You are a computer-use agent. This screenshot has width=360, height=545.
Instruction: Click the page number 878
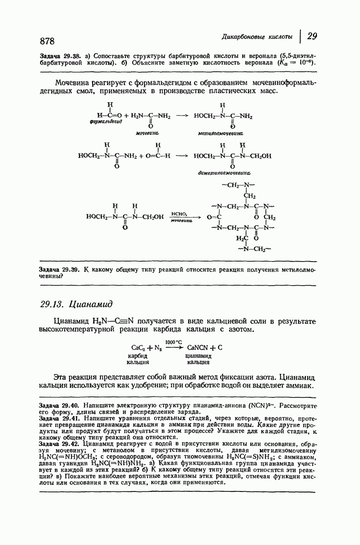pos(47,41)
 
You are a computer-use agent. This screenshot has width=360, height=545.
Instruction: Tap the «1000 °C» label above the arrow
pos(174,341)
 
